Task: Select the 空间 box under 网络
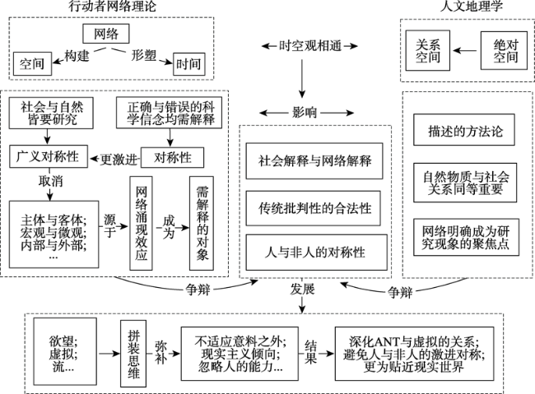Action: tap(32, 62)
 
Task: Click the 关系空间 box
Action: tap(429, 50)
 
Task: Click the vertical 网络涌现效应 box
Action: tap(142, 222)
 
